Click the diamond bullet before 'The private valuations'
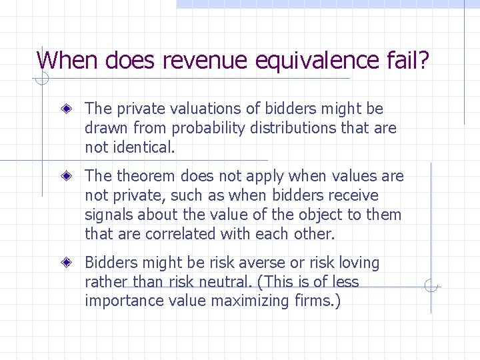click(68, 108)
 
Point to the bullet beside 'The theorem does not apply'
click(68, 176)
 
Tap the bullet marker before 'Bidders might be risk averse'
click(68, 263)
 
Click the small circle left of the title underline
click(41, 79)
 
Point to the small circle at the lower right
click(431, 287)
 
